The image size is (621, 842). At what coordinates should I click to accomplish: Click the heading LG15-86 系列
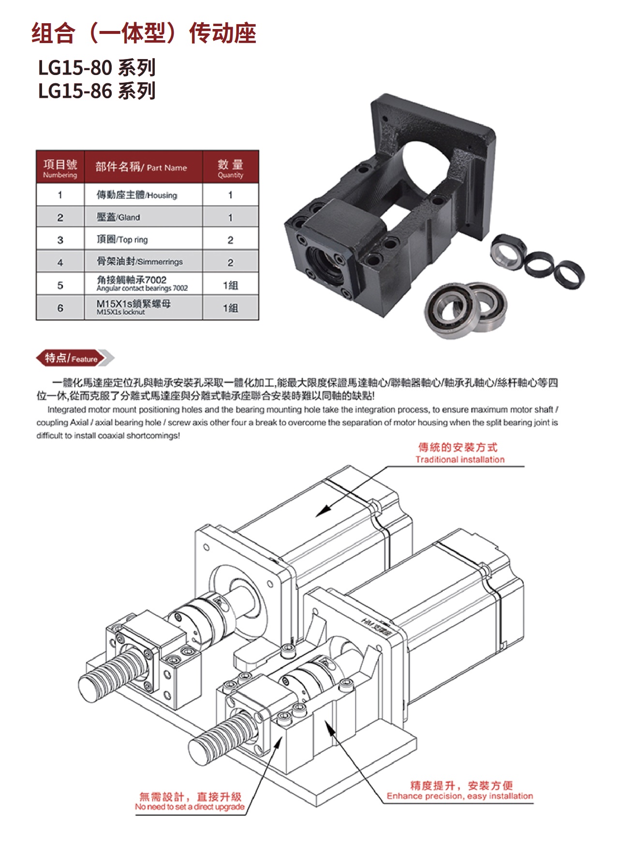pyautogui.click(x=97, y=91)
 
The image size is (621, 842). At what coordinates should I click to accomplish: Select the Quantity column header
pyautogui.click(x=231, y=167)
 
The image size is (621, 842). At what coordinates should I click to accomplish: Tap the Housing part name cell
pyautogui.click(x=143, y=195)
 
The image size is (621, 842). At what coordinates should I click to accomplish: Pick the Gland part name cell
pyautogui.click(x=143, y=217)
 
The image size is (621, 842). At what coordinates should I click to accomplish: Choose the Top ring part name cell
pyautogui.click(x=143, y=240)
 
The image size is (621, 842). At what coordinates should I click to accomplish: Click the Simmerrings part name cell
pyautogui.click(x=143, y=262)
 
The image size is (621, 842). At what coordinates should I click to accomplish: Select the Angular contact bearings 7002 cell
pyautogui.click(x=143, y=284)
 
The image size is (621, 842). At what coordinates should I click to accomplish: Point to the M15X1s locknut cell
pyautogui.click(x=143, y=308)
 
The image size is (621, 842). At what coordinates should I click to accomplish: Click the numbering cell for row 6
pyautogui.click(x=60, y=308)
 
